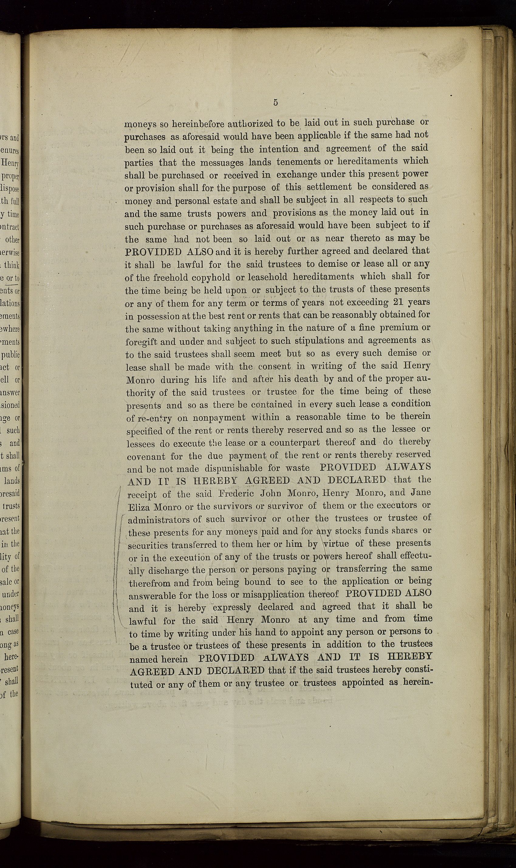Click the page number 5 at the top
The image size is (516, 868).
pos(275,103)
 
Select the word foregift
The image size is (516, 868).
pos(141,342)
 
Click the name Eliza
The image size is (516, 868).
pos(139,507)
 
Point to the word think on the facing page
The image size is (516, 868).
pos(12,265)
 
